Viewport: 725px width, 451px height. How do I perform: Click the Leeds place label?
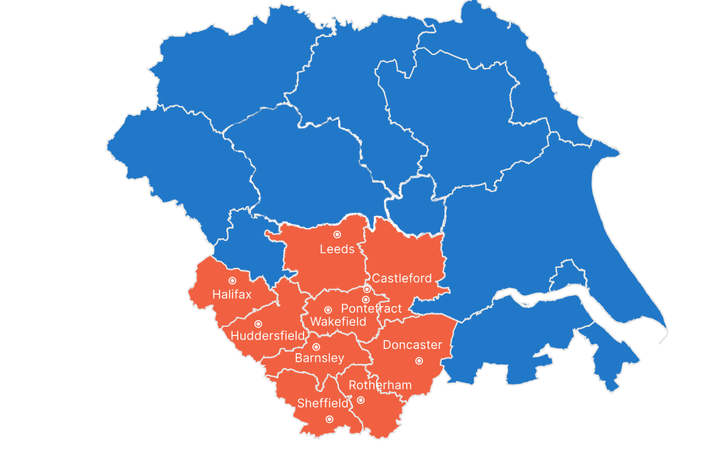[x=337, y=250]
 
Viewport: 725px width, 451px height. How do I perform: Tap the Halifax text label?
[x=232, y=294]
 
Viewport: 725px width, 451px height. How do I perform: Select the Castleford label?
[x=402, y=278]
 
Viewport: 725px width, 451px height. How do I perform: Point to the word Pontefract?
[x=371, y=309]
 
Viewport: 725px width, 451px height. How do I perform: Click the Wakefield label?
[x=338, y=322]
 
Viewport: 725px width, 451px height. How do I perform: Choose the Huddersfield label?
[x=267, y=336]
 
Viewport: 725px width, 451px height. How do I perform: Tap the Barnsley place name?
[x=320, y=358]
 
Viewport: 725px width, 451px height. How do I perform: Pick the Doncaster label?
[x=412, y=345]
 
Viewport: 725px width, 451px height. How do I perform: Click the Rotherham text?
[x=379, y=385]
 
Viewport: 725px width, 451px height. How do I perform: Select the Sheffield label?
[x=323, y=403]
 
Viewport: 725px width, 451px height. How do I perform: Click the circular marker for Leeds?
[x=337, y=234]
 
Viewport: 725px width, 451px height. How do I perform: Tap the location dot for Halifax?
[x=232, y=281]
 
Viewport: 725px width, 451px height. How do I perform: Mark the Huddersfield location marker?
[x=258, y=323]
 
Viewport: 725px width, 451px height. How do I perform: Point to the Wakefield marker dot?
[x=328, y=310]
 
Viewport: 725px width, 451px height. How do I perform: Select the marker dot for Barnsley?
[x=316, y=346]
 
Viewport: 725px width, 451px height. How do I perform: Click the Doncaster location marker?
[x=419, y=360]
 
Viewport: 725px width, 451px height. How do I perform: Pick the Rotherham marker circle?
[x=360, y=400]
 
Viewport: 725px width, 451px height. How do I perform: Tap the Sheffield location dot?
[x=329, y=419]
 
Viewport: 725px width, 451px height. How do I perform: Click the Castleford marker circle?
[x=367, y=289]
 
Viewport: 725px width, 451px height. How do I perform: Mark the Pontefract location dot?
[x=366, y=299]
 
